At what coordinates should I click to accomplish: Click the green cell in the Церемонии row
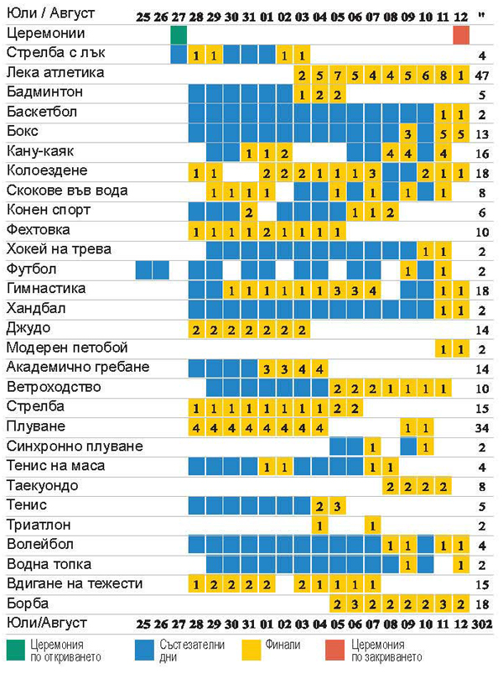[178, 34]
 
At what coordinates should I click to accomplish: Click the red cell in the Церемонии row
[461, 34]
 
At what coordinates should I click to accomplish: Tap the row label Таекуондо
[42, 486]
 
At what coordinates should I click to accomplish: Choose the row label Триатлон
[39, 525]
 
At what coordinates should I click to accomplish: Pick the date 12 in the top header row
[461, 16]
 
